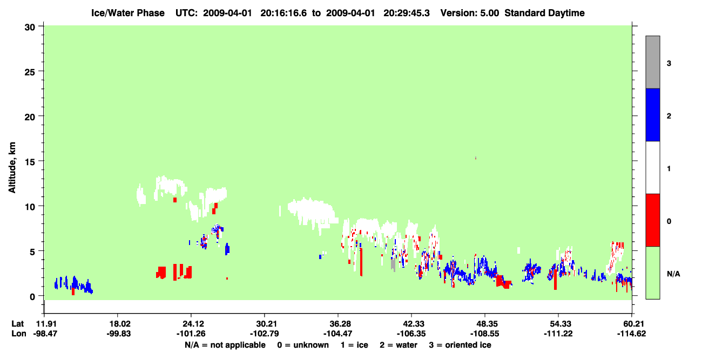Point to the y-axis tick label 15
[x=30, y=162]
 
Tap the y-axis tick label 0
[x=32, y=297]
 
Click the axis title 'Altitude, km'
[x=12, y=168]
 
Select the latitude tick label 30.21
[x=265, y=324]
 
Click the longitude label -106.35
[x=411, y=334]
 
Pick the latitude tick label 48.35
[x=485, y=324]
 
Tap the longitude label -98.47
[x=45, y=334]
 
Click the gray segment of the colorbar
[x=653, y=62]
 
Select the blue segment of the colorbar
[x=653, y=114]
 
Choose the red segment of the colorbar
[x=653, y=220]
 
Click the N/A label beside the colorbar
[x=673, y=274]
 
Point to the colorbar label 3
[x=669, y=64]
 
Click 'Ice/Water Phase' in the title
[x=128, y=13]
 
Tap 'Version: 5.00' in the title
[x=469, y=13]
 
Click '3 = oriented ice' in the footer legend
[x=460, y=345]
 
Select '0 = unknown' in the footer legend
[x=303, y=345]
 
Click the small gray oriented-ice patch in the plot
[x=393, y=265]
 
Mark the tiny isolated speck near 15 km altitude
[x=476, y=158]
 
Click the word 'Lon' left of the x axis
[x=19, y=334]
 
